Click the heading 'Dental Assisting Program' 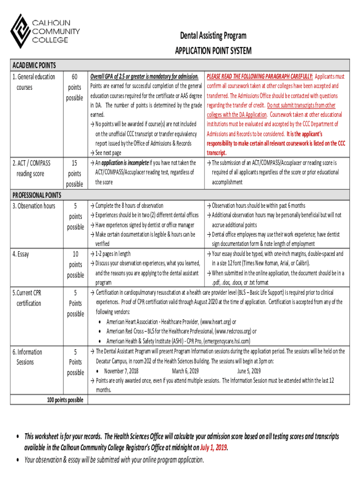point(213,36)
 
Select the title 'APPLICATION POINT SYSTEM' point(213,51)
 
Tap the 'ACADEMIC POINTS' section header point(35,65)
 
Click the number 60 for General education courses point(75,77)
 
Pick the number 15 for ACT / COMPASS point(75,163)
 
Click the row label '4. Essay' point(21,254)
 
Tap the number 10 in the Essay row point(75,254)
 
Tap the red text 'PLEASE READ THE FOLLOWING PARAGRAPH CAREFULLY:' point(259,76)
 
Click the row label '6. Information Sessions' point(29,357)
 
